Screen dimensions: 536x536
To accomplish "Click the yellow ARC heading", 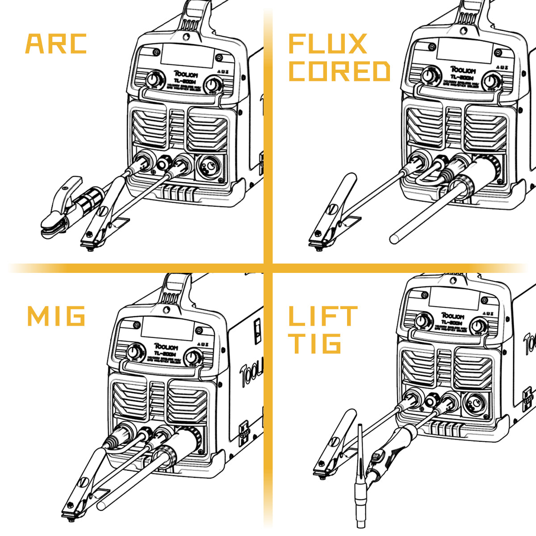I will click(56, 43).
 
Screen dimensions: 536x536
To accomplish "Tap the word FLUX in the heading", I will click(327, 44).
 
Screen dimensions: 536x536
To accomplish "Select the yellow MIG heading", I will click(56, 316).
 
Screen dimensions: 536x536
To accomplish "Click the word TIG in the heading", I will click(315, 343).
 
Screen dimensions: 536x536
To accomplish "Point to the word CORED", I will click(339, 71).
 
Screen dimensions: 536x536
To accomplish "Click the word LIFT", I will click(322, 316).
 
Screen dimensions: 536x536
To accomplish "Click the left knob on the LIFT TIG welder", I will click(422, 321).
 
